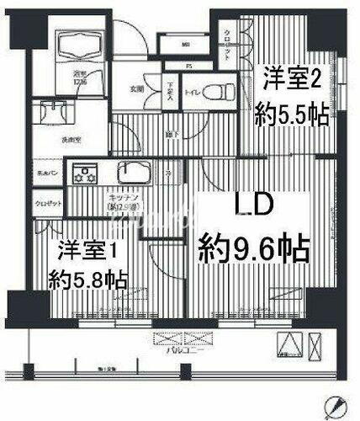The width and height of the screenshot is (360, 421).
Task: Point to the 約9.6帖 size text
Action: [253, 248]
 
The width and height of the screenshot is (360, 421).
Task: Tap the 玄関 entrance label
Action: [136, 88]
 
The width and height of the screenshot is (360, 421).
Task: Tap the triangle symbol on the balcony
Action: [288, 344]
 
